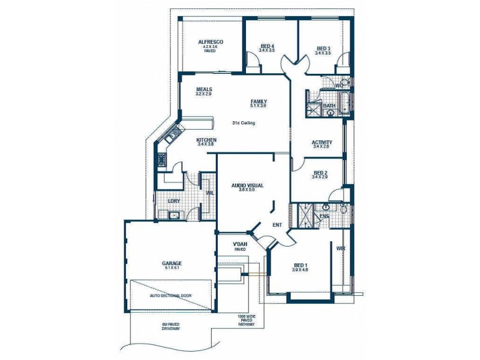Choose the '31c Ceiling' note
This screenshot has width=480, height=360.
pos(244,123)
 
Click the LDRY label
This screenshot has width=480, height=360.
pos(174,201)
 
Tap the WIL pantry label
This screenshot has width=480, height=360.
pos(210,193)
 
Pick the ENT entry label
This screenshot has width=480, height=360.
pos(277,225)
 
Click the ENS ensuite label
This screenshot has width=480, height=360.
pos(324,215)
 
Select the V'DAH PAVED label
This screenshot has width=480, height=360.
pos(240,246)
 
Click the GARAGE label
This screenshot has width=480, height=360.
pos(171,265)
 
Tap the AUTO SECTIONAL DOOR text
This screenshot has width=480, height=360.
pos(171,296)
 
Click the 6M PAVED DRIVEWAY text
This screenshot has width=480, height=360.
pos(170,327)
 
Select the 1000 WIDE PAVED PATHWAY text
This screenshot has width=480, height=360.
pos(246,320)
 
